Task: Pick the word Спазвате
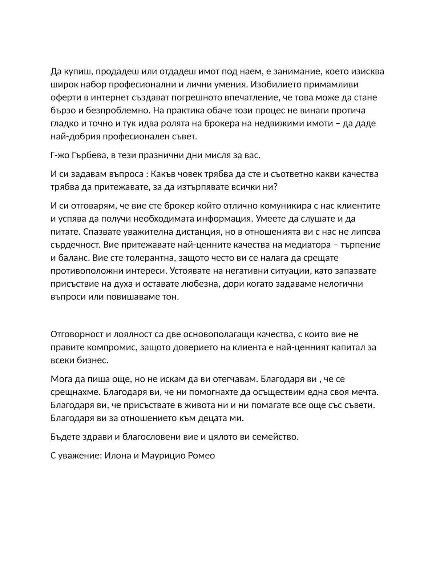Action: tap(89, 231)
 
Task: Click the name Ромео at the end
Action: tap(201, 455)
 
